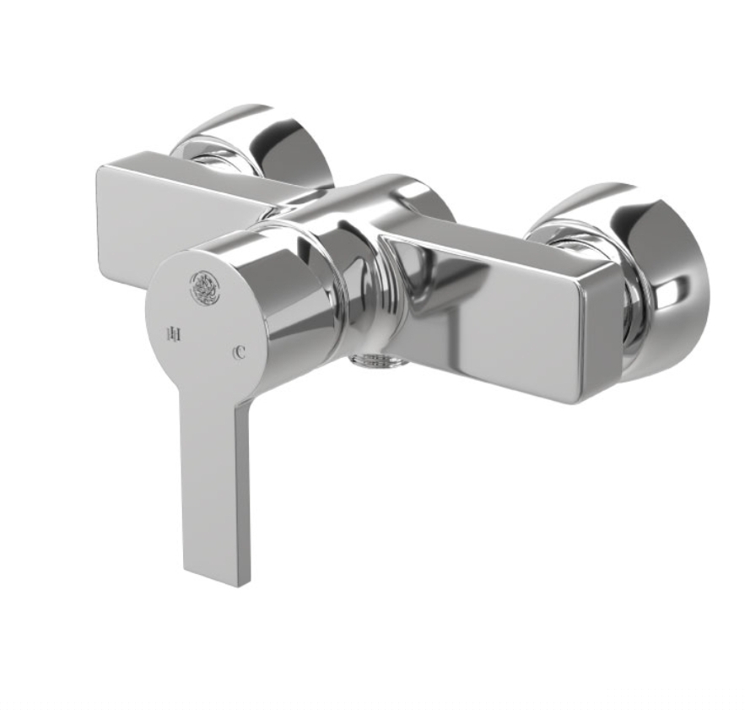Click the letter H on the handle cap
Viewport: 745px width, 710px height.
point(175,334)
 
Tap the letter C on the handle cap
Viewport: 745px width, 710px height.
point(240,352)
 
